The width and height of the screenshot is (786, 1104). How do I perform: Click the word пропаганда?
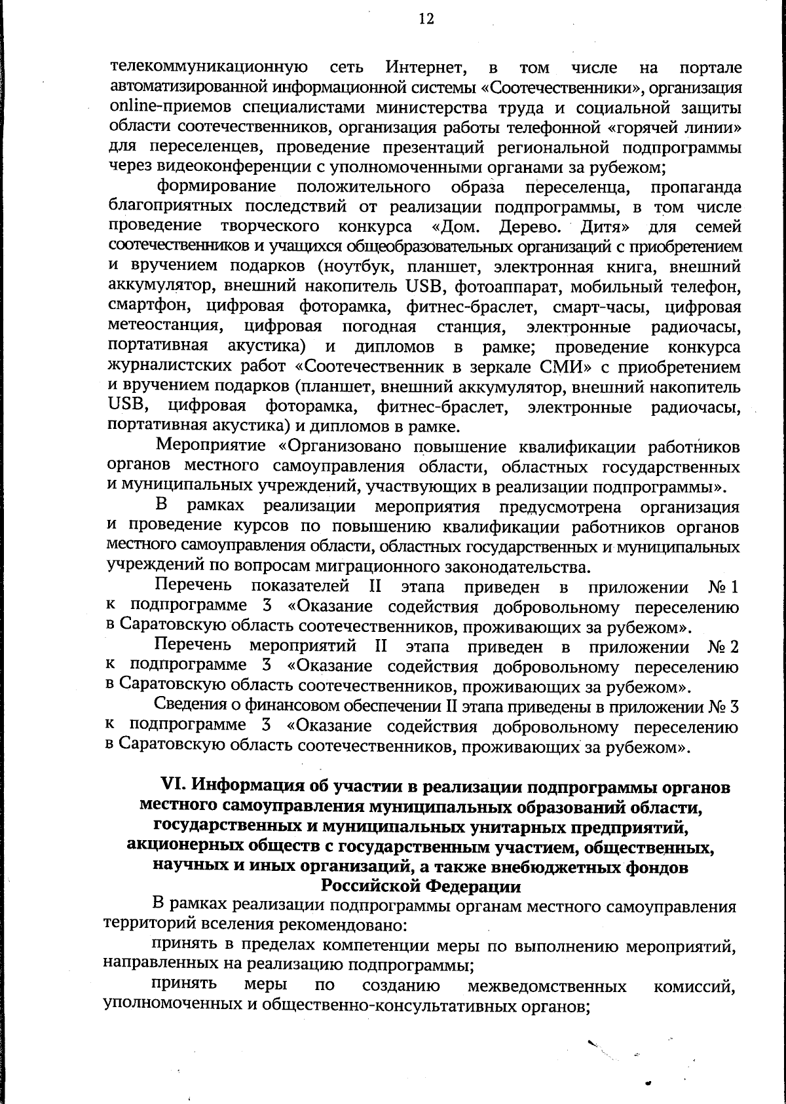pos(696,187)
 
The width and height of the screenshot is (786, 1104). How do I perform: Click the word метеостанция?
pos(164,326)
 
